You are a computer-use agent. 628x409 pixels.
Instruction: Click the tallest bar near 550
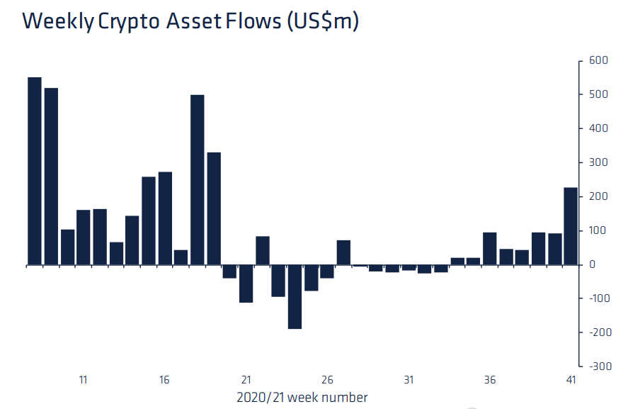(34, 171)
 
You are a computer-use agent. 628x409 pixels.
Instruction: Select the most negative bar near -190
(295, 297)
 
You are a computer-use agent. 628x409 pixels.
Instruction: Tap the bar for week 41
(570, 226)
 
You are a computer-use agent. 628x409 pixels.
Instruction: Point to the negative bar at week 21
(246, 284)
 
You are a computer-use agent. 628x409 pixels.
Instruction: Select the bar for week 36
(489, 249)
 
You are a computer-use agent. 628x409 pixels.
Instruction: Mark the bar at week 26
(327, 271)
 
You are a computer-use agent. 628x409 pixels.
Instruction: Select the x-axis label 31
(409, 380)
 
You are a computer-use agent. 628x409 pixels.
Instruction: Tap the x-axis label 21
(246, 380)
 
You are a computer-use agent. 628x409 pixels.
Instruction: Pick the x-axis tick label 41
(571, 380)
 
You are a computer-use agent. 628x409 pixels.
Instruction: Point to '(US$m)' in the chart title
(322, 21)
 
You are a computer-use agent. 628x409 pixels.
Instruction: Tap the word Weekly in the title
(57, 21)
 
